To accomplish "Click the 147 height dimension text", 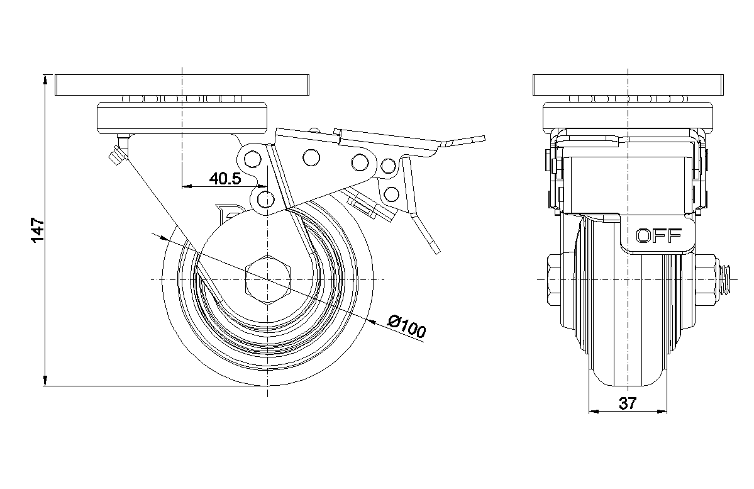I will coord(36,230).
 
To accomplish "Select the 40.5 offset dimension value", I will coord(225,179).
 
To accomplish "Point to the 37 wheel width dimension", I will coord(627,403).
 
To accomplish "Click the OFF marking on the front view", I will coord(658,236).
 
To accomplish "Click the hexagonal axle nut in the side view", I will coord(268,279).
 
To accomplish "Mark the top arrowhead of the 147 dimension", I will coord(45,79).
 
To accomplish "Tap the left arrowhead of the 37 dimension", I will coord(592,412).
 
